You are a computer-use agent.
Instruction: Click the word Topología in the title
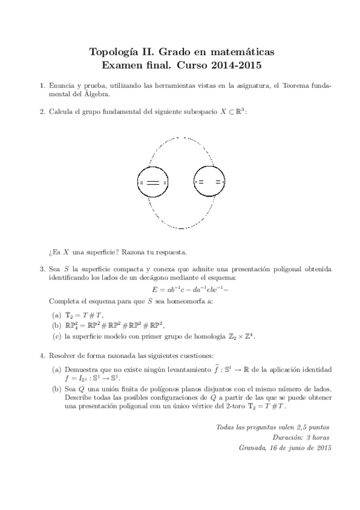click(x=110, y=52)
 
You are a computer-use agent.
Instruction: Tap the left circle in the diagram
click(x=153, y=181)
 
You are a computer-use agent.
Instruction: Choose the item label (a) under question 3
click(x=56, y=314)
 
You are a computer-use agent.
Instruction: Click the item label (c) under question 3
click(x=56, y=336)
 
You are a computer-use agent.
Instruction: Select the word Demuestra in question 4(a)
click(x=81, y=368)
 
